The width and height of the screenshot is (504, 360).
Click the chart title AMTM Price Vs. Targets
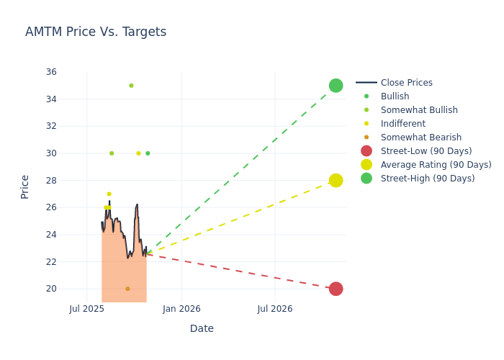pos(96,32)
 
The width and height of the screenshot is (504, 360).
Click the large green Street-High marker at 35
pos(336,86)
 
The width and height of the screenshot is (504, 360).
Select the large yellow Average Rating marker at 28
pos(336,180)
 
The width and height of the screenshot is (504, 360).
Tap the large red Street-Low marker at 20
pos(336,289)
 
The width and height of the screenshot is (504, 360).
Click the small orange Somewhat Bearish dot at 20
pos(127,289)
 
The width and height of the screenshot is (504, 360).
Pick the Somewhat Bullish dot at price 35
pos(131,86)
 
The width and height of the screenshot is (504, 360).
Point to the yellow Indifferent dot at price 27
pos(109,194)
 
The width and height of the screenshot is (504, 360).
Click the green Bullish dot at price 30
pos(148,153)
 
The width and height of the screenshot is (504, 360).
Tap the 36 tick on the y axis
pos(51,72)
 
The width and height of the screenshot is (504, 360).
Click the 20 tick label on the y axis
pos(51,289)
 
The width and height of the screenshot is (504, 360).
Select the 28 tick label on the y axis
pos(51,180)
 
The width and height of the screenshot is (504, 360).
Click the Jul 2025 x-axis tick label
pos(87,309)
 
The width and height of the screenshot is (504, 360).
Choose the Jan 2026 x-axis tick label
pos(181,309)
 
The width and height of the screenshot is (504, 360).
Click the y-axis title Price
pos(25,186)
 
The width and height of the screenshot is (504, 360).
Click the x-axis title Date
pos(202,328)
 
